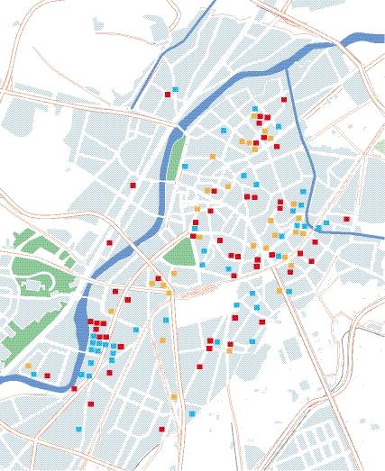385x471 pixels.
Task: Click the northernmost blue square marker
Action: [x=175, y=89]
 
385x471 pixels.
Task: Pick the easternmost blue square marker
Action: [x=347, y=218]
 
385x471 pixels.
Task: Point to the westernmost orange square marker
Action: [x=28, y=365]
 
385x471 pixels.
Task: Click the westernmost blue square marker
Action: [x=34, y=374]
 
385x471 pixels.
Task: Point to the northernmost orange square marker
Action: [x=255, y=116]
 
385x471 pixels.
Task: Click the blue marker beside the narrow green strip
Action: [x=185, y=167]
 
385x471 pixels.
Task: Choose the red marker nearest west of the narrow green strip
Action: [x=133, y=185]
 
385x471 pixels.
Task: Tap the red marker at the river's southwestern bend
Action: [x=75, y=388]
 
